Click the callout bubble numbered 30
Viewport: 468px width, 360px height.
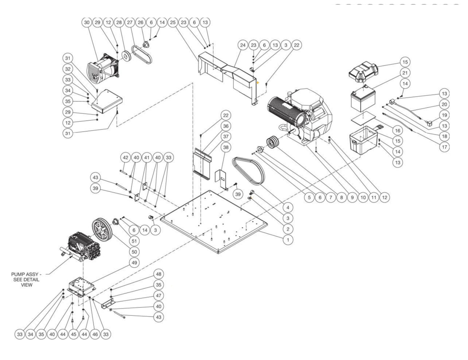pos(86,22)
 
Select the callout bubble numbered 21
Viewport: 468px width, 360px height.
pos(405,73)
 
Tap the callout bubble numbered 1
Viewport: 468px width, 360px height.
pos(288,240)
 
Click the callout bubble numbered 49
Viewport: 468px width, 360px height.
pos(134,262)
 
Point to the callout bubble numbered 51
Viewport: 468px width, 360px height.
pos(134,241)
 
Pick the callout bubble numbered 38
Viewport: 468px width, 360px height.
pos(226,147)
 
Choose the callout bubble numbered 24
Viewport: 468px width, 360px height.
pos(243,45)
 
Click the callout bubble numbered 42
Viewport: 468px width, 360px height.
pos(126,157)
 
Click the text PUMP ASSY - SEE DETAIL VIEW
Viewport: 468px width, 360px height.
pos(27,279)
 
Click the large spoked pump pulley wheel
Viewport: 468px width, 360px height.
pos(101,230)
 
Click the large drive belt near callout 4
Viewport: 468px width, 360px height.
pos(249,172)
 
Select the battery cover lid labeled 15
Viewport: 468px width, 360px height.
pos(363,69)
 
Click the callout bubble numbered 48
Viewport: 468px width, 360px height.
pos(158,274)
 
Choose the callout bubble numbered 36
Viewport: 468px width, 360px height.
pos(226,126)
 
